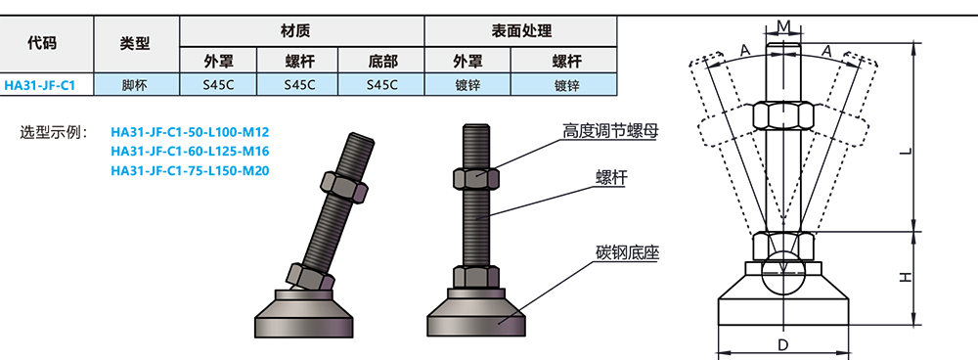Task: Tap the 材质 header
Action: coord(299,31)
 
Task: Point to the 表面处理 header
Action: coord(518,31)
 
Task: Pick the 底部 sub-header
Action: coord(382,60)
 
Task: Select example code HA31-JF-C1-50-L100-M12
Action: coord(190,132)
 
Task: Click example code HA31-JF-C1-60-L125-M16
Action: coord(190,152)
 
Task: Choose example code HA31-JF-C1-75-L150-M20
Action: coord(190,171)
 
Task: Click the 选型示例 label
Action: coord(55,132)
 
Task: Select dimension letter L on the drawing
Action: coord(907,153)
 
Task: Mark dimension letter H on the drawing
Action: coord(907,277)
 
